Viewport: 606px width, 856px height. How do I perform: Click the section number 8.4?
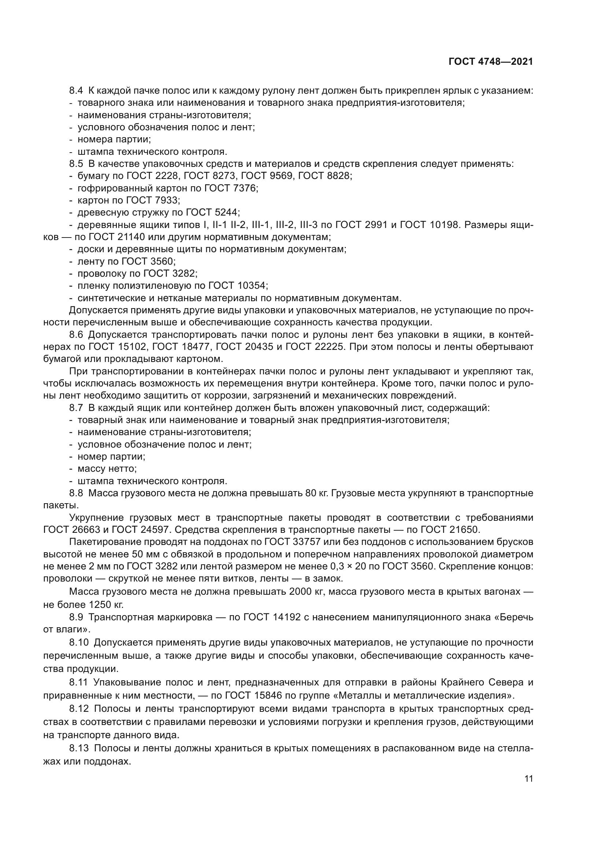tap(76, 91)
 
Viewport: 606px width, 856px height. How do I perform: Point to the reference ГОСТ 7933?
tap(153, 201)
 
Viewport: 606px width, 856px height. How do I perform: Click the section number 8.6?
tap(76, 335)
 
